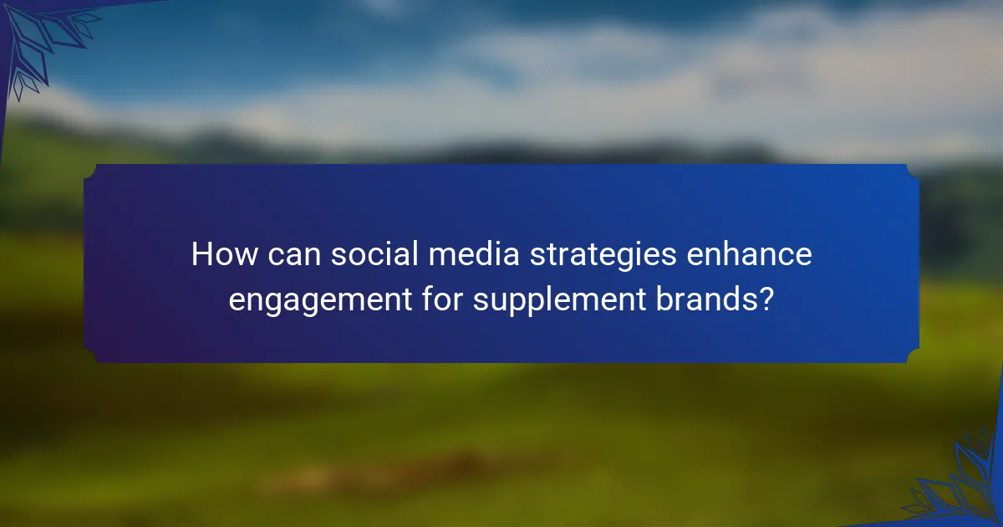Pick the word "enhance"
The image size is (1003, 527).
pyautogui.click(x=749, y=254)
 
